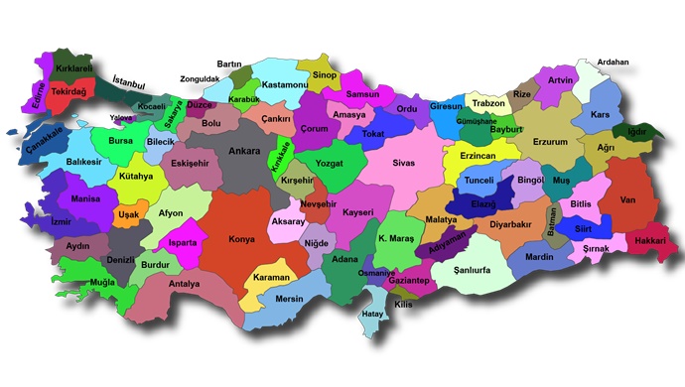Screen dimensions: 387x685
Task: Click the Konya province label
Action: click(x=241, y=239)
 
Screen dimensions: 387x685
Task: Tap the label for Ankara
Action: click(x=245, y=152)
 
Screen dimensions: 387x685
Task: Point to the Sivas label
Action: click(x=403, y=162)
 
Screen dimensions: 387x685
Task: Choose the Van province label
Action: click(x=626, y=199)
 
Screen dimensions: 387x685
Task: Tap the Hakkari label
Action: click(x=649, y=241)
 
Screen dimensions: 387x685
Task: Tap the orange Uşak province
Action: click(x=129, y=214)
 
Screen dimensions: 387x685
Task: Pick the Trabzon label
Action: click(x=488, y=103)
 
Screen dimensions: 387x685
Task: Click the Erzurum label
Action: click(x=551, y=142)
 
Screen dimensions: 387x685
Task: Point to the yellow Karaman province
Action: click(x=271, y=277)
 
